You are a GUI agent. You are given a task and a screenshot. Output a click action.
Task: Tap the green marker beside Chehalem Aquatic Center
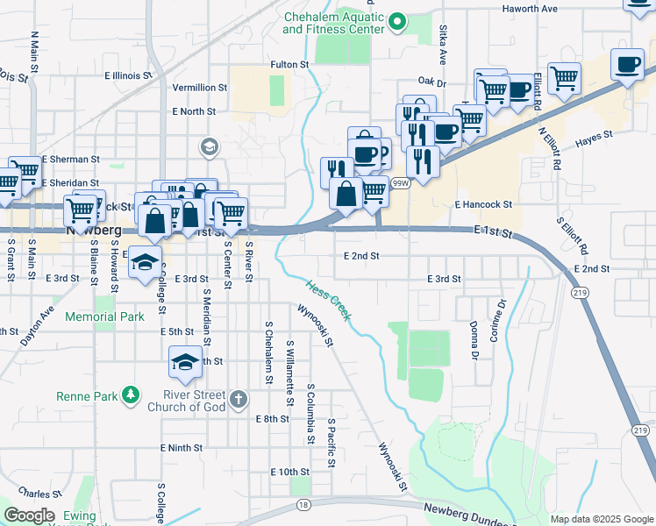pyautogui.click(x=398, y=21)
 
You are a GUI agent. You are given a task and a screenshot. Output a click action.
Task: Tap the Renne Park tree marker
pyautogui.click(x=131, y=396)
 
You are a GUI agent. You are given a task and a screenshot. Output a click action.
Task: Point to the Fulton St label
pyautogui.click(x=290, y=65)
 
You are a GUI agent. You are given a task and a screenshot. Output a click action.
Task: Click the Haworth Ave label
pyautogui.click(x=530, y=9)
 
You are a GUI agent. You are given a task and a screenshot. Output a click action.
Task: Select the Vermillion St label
pyautogui.click(x=200, y=88)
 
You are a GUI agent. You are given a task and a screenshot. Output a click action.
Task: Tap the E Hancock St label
pyautogui.click(x=483, y=204)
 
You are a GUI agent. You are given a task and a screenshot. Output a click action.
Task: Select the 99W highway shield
pyautogui.click(x=401, y=183)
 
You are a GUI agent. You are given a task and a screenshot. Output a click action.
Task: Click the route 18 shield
pyautogui.click(x=303, y=505)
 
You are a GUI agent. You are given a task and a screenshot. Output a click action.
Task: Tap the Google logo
pyautogui.click(x=29, y=515)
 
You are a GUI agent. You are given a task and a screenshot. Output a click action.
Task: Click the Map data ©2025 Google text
pyautogui.click(x=601, y=519)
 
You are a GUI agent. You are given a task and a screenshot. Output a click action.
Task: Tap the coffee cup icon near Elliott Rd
pyautogui.click(x=628, y=66)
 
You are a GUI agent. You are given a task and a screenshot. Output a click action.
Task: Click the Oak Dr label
pyautogui.click(x=427, y=82)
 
